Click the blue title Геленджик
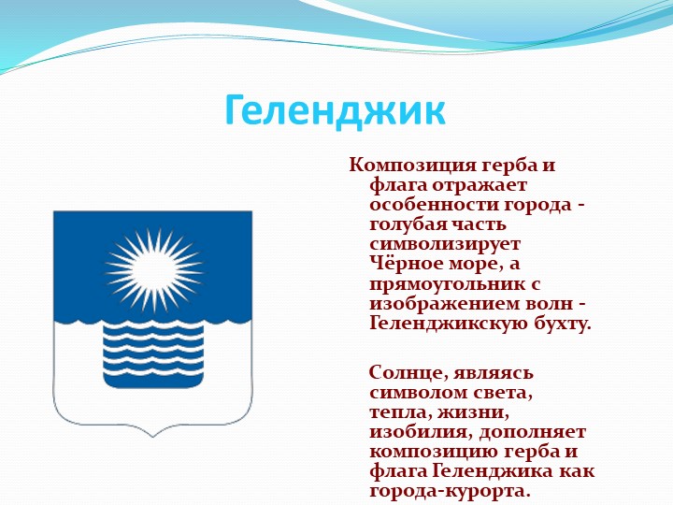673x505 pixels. (336, 111)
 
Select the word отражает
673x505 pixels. (479, 186)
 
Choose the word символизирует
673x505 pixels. (445, 245)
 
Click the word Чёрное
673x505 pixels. (407, 263)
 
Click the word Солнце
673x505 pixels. (405, 373)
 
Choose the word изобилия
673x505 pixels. (419, 432)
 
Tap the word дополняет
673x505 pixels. (532, 432)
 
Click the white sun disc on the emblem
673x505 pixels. (154, 271)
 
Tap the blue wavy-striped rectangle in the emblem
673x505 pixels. (153, 354)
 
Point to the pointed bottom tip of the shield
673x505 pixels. (152, 437)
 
